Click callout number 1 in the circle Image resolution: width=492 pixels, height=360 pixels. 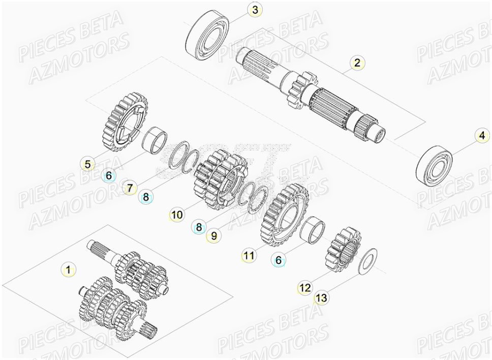[68, 269]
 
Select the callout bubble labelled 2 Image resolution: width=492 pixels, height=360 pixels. [357, 62]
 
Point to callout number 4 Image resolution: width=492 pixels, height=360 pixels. [481, 136]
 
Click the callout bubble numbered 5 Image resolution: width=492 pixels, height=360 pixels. [88, 164]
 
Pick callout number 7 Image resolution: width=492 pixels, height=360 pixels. [130, 187]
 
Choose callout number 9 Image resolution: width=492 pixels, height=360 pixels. [214, 236]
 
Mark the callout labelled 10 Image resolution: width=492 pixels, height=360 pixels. [176, 215]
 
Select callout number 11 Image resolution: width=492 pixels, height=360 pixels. [248, 256]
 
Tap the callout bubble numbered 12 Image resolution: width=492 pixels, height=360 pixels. [304, 288]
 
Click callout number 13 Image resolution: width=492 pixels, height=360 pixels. [321, 298]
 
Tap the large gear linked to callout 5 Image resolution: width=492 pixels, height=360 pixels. [126, 121]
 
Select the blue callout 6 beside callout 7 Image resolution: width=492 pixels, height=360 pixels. [108, 176]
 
